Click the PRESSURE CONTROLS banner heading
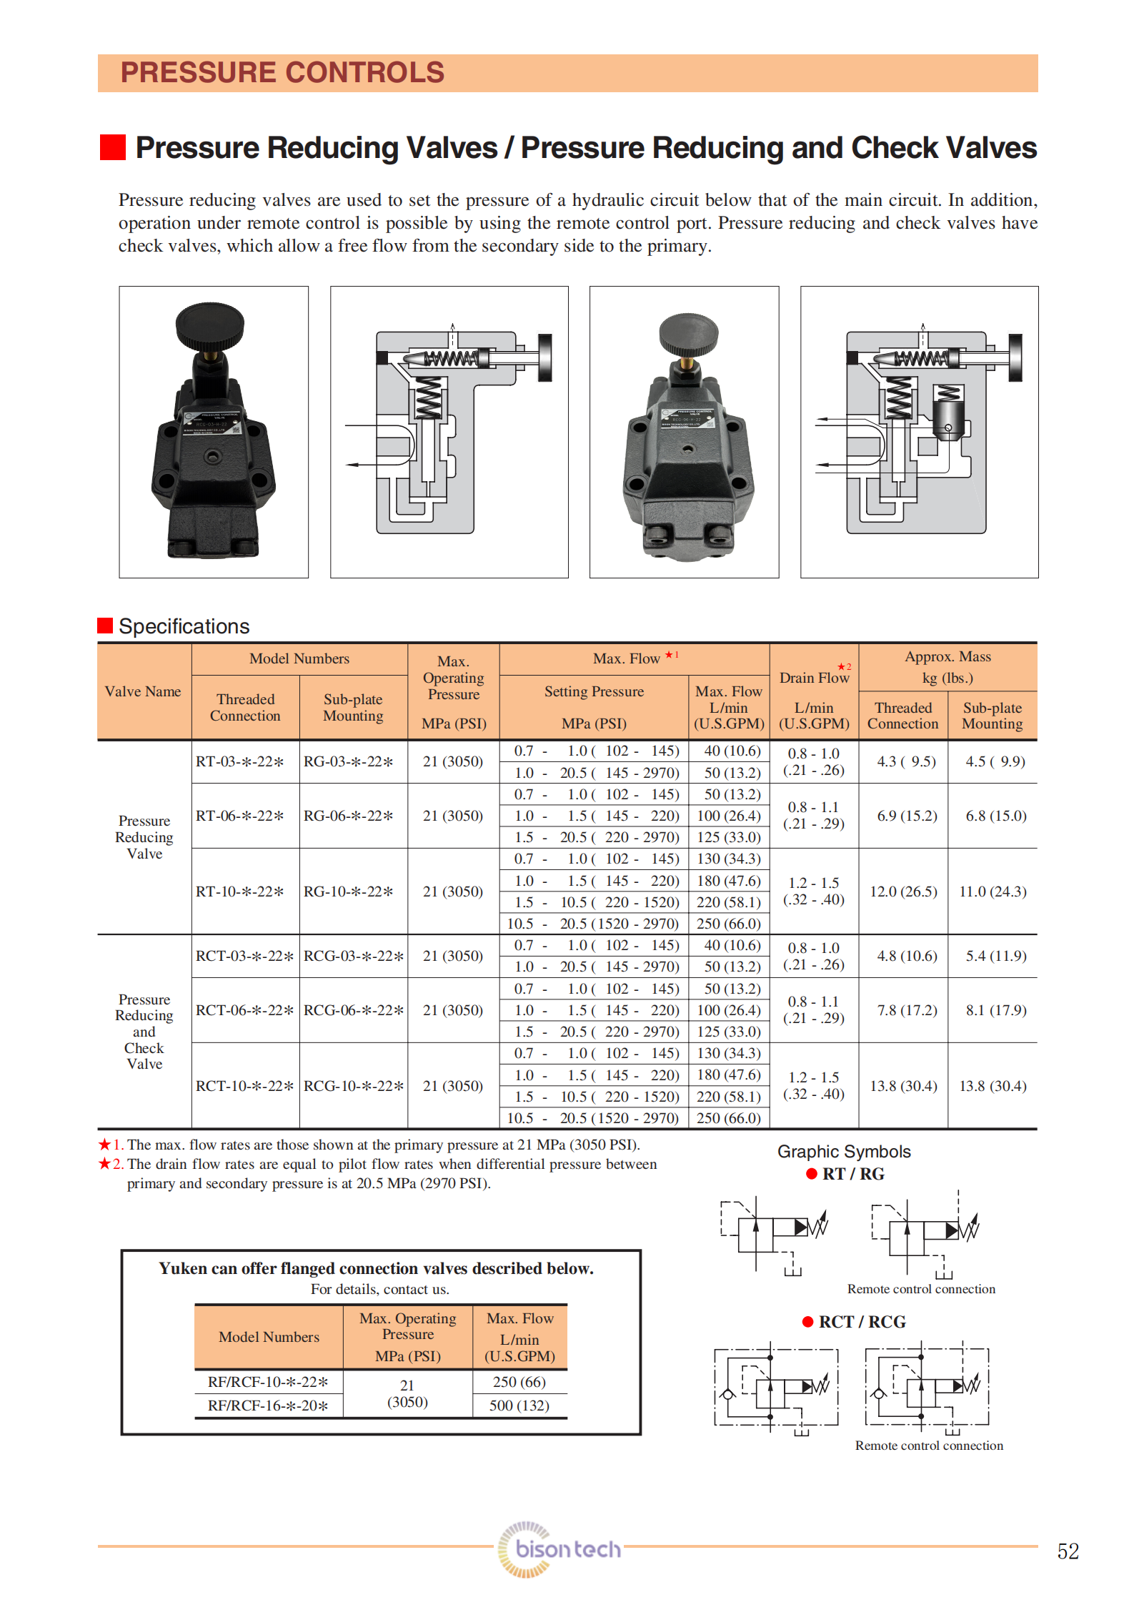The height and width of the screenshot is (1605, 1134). pyautogui.click(x=282, y=73)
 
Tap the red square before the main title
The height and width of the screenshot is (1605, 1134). pyautogui.click(x=112, y=147)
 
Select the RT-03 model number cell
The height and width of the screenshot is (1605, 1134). pyautogui.click(x=240, y=762)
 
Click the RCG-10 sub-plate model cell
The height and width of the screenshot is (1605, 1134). pyautogui.click(x=354, y=1086)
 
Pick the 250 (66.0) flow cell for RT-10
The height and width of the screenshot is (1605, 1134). pyautogui.click(x=729, y=924)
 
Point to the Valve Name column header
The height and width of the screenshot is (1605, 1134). pyautogui.click(x=143, y=691)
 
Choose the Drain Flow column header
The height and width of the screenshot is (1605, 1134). pyautogui.click(x=814, y=678)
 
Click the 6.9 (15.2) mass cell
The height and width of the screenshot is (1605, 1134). pyautogui.click(x=907, y=816)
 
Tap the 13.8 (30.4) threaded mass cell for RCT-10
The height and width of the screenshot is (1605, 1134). pyautogui.click(x=903, y=1086)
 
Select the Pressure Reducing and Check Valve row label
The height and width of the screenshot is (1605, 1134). pyautogui.click(x=144, y=1032)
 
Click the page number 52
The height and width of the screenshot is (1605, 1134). pyautogui.click(x=1068, y=1551)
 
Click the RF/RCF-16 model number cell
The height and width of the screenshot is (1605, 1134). pyautogui.click(x=268, y=1406)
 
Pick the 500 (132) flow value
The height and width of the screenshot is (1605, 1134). pyautogui.click(x=519, y=1406)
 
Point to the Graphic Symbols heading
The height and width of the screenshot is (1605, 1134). pyautogui.click(x=844, y=1152)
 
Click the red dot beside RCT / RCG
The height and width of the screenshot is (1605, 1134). pyautogui.click(x=808, y=1322)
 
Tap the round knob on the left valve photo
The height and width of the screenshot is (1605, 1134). pyautogui.click(x=210, y=325)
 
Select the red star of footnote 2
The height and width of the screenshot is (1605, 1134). pyautogui.click(x=104, y=1164)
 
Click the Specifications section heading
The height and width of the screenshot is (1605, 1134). pyautogui.click(x=184, y=626)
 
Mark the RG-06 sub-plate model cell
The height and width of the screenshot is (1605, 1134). pyautogui.click(x=349, y=816)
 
